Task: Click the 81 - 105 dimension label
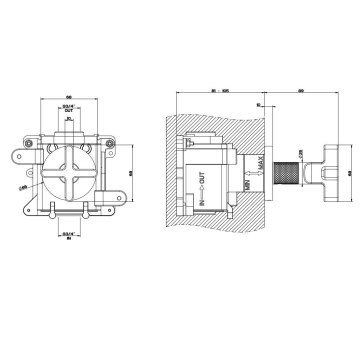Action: (x=220, y=90)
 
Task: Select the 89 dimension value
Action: (x=301, y=90)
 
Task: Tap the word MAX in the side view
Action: (x=260, y=163)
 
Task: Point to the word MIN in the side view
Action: (x=247, y=185)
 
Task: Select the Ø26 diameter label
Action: (x=300, y=153)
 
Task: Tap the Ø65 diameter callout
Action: (x=23, y=187)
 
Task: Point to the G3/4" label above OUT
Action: (x=69, y=107)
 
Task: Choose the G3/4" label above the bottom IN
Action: (x=69, y=234)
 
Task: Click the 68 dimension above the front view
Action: (x=69, y=97)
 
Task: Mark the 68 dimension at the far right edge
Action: (x=349, y=173)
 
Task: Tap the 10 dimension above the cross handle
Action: (x=68, y=118)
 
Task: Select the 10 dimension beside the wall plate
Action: (x=258, y=105)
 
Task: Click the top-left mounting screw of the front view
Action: (x=28, y=143)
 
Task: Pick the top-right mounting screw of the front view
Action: (x=110, y=143)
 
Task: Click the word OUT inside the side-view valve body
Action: (x=202, y=178)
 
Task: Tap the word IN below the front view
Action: (x=69, y=238)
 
